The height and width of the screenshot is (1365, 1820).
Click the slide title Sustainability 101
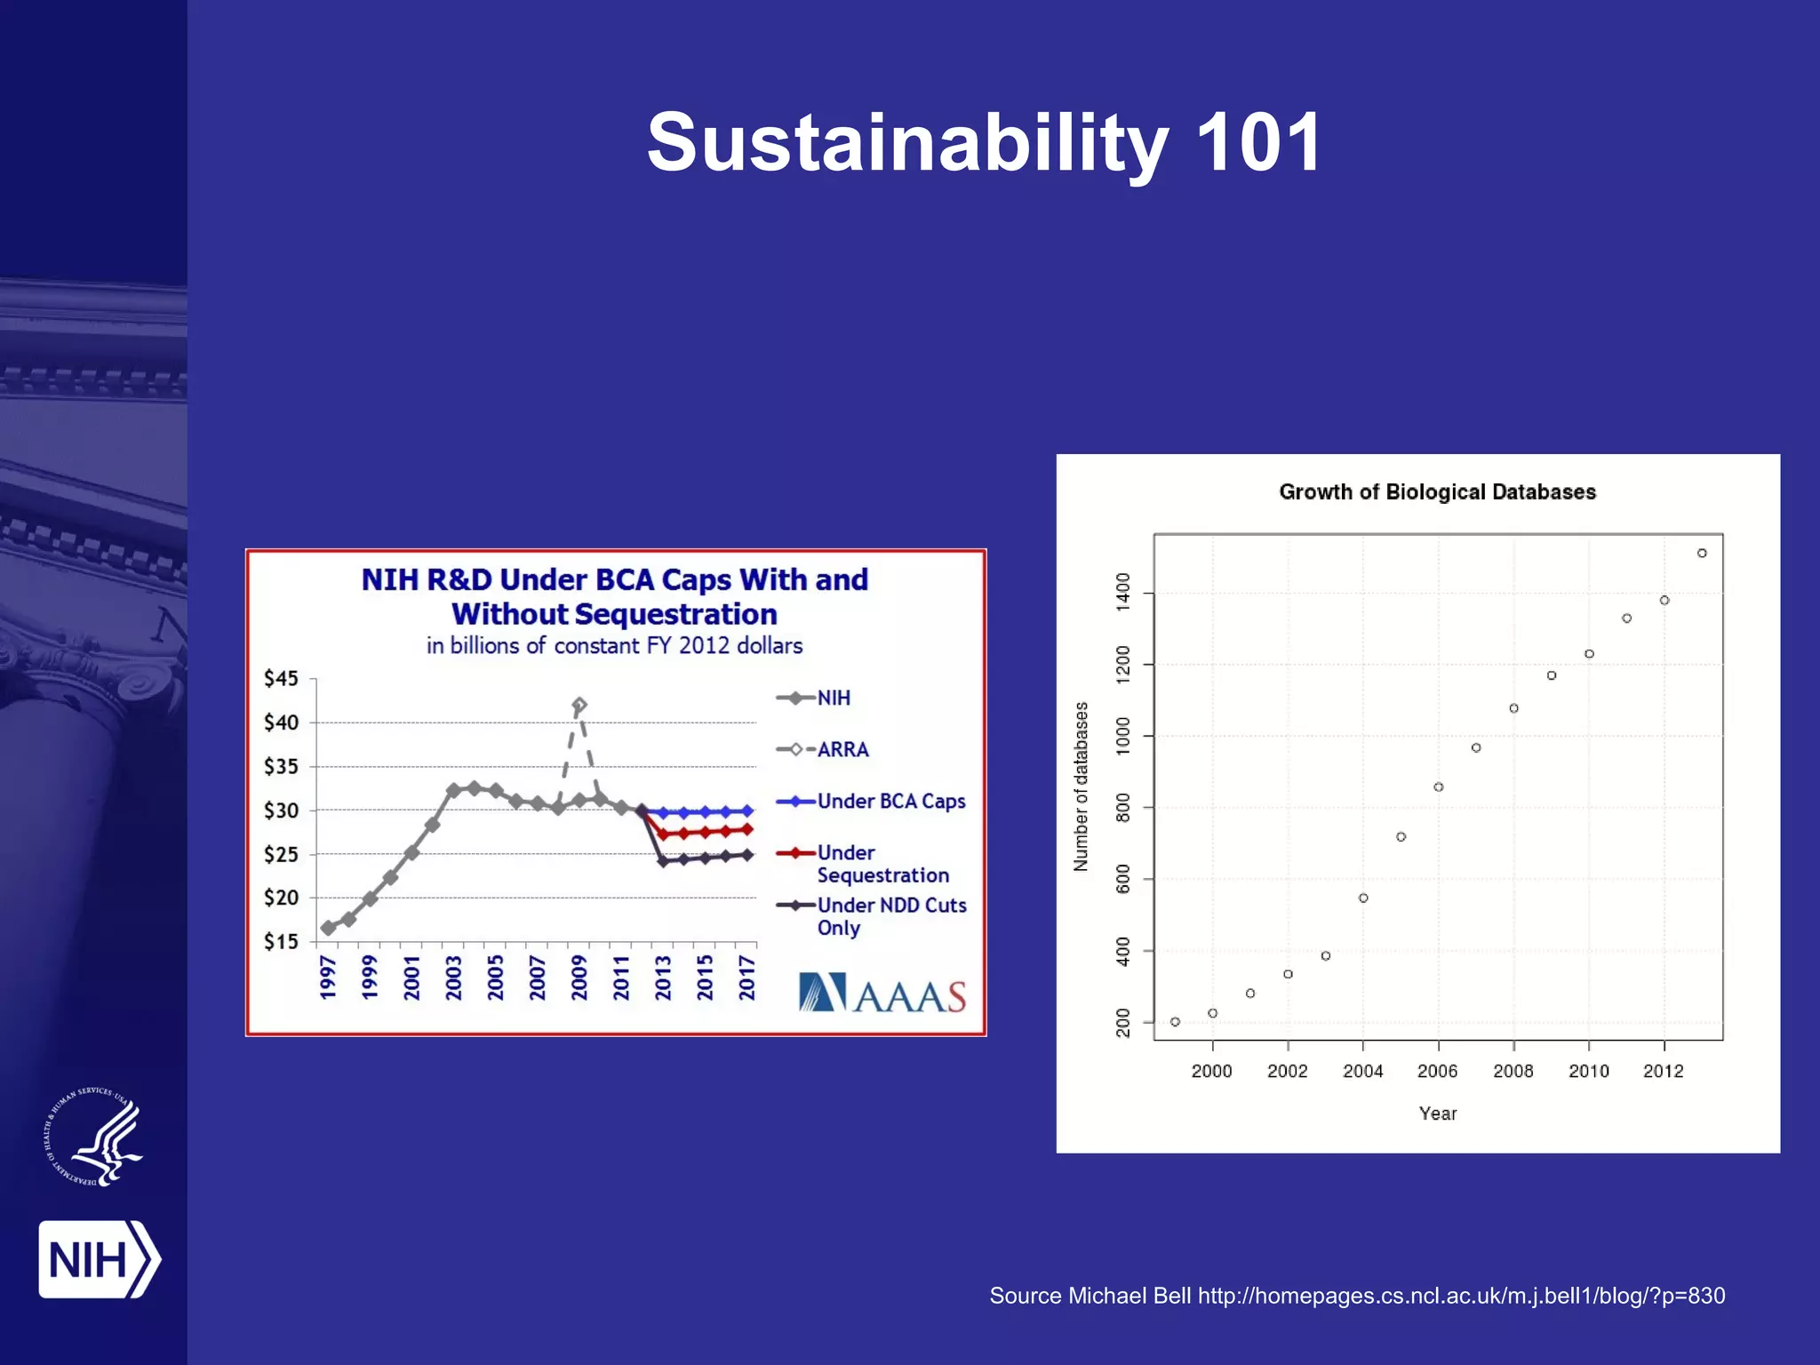(985, 142)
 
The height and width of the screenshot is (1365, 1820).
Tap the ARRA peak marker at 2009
(579, 706)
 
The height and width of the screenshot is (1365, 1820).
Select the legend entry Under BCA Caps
(890, 801)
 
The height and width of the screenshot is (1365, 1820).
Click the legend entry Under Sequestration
(882, 864)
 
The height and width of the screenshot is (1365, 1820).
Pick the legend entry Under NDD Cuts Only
(890, 916)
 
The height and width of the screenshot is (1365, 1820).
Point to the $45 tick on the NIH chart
(281, 679)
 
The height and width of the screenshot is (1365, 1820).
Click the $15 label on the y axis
(281, 941)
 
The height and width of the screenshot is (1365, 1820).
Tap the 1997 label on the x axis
(328, 978)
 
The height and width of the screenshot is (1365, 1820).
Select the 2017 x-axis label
(746, 978)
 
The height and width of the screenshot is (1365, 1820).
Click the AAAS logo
(882, 994)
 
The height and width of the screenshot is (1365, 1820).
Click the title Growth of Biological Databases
(1437, 492)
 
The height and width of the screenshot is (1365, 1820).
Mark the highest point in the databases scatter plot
(1702, 553)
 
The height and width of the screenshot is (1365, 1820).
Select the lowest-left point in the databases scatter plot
(1175, 1022)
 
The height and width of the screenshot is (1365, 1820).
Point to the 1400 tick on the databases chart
(1123, 592)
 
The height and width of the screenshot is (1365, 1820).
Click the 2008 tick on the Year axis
(1513, 1071)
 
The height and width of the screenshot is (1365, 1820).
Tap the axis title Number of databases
(1081, 786)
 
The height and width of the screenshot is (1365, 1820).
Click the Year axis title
(1437, 1114)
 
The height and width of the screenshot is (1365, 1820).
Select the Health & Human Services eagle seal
(94, 1137)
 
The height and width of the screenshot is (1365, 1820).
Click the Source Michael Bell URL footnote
(1357, 1296)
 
